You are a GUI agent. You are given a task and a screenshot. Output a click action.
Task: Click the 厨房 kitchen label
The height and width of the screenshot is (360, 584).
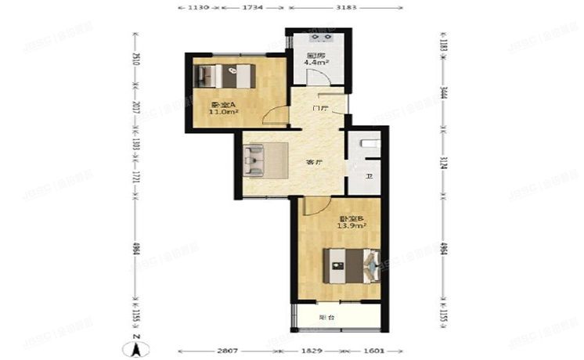[315, 56]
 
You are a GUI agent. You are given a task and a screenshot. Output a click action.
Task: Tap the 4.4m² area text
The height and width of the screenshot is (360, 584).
[315, 63]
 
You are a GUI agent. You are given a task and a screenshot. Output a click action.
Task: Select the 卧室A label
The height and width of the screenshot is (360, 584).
[222, 104]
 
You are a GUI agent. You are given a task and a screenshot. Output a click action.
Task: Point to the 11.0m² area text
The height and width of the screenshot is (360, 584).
[223, 112]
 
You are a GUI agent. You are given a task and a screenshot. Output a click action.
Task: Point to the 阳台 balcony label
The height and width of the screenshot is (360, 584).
[327, 317]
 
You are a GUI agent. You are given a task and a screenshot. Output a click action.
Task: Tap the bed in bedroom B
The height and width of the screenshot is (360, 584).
[353, 265]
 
